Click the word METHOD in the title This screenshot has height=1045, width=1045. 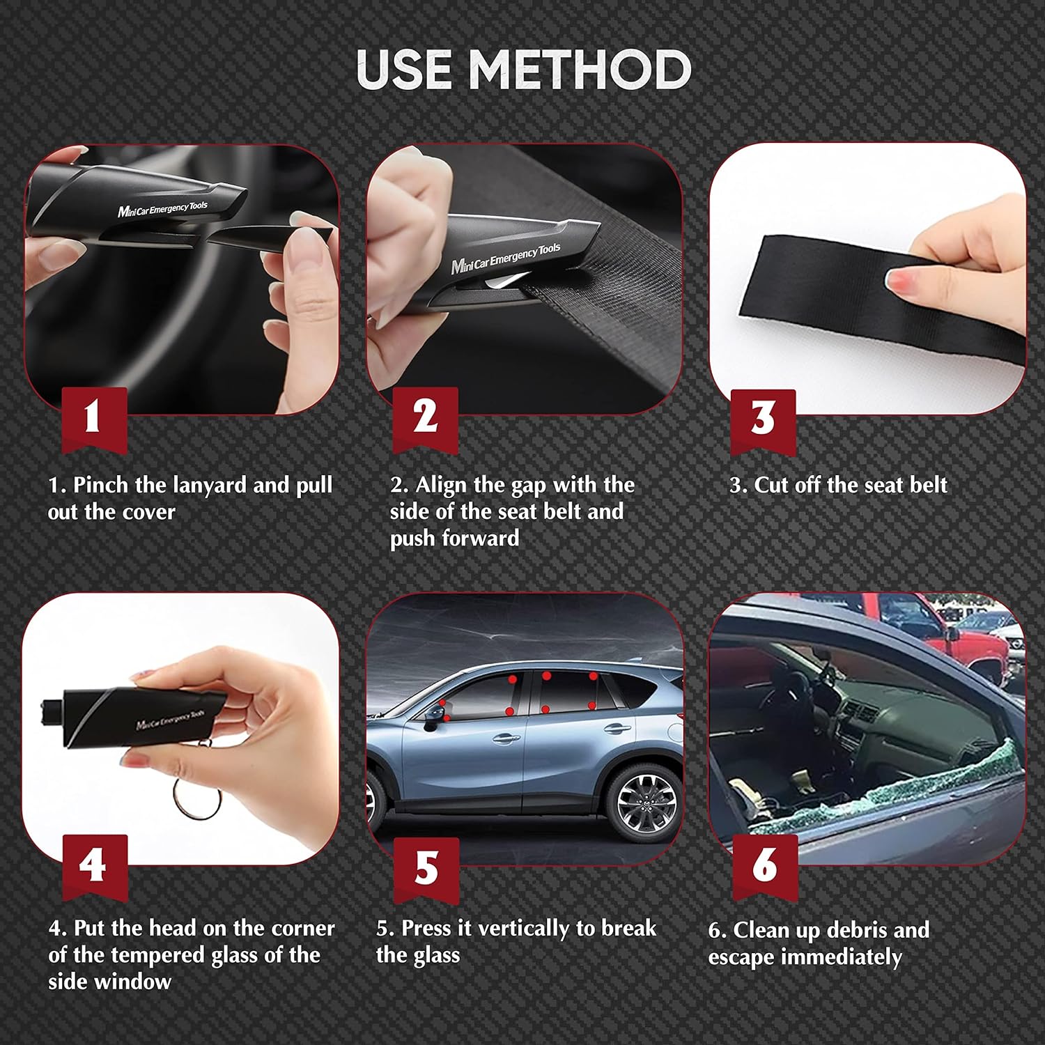[580, 70]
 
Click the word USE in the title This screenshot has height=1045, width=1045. [404, 70]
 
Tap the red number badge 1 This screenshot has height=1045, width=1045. [94, 417]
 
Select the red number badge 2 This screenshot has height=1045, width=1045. [425, 417]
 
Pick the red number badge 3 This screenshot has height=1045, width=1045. [763, 419]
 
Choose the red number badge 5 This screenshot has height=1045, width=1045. [426, 867]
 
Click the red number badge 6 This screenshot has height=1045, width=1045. [764, 865]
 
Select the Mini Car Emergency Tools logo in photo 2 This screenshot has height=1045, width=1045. [505, 258]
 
